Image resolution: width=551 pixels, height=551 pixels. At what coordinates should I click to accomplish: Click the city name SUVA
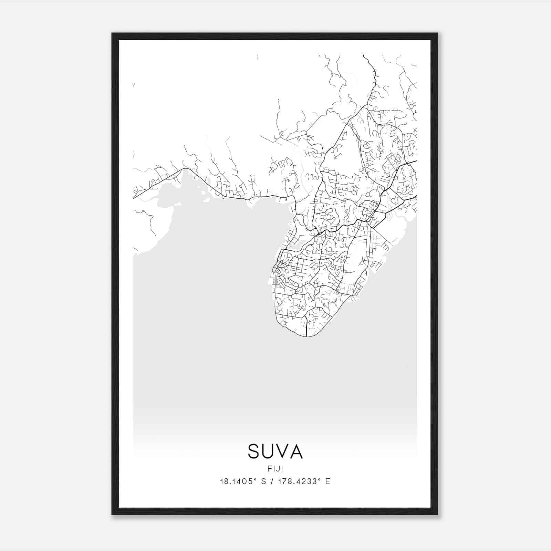275,451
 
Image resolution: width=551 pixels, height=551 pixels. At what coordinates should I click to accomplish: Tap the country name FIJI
275,469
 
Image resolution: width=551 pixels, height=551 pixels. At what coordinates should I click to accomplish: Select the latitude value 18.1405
237,481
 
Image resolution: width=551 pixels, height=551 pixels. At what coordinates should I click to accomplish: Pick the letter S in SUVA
254,451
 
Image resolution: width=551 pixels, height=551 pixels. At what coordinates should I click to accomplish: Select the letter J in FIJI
278,469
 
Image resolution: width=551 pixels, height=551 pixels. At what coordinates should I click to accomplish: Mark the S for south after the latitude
263,481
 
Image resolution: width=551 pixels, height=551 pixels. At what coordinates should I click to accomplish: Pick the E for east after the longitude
328,481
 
